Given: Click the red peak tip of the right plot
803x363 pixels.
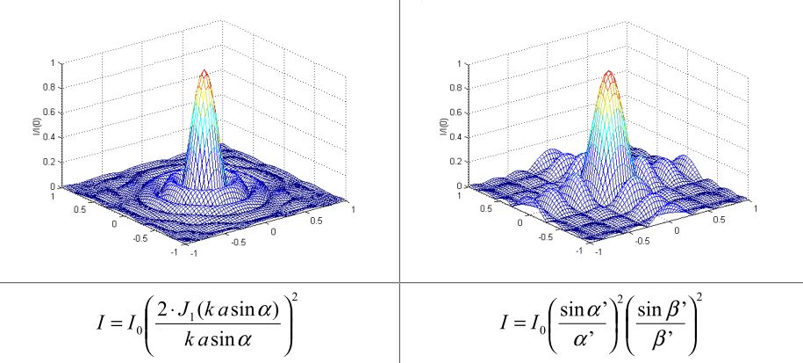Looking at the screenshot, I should coord(609,72).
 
